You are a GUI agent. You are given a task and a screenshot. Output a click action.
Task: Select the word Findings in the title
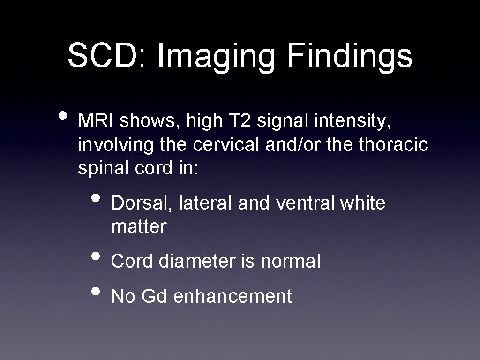point(350,56)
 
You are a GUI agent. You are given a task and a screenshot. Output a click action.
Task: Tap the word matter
point(139,227)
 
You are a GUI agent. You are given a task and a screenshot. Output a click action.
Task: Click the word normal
point(291,261)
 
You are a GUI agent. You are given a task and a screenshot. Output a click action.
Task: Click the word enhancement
point(232,297)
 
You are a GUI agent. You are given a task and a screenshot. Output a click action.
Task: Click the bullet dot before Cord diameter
point(97,256)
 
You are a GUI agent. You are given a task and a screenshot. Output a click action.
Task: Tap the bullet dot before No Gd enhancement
point(97,291)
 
